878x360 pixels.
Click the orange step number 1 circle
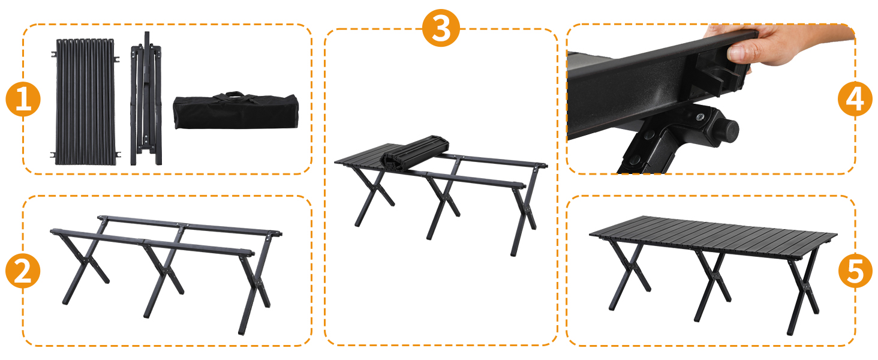[x=23, y=99]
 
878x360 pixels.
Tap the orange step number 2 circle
[x=23, y=271]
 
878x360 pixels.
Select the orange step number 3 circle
[x=441, y=28]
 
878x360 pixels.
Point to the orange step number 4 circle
[x=855, y=99]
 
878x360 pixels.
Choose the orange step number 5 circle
[x=855, y=271]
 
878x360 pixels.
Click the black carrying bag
[x=236, y=111]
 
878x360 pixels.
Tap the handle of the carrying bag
[x=235, y=95]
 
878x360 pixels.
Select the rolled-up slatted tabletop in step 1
[x=85, y=101]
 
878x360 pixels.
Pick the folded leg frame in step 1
[x=146, y=99]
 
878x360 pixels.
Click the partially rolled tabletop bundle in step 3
[x=414, y=154]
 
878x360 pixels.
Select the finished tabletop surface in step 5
[x=713, y=235]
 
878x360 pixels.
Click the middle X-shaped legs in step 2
[x=163, y=275]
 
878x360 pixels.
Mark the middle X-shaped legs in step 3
[x=443, y=206]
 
